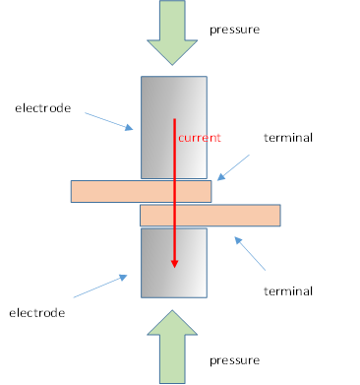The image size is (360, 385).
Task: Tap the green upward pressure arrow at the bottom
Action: click(172, 349)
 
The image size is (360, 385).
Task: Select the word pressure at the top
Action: click(234, 30)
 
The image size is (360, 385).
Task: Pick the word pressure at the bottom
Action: click(234, 360)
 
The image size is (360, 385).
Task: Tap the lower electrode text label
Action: click(36, 312)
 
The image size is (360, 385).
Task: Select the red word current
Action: click(200, 138)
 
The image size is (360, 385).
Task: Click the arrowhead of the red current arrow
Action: click(175, 261)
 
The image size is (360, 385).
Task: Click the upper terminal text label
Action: click(288, 138)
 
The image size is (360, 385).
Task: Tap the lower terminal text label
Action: click(288, 290)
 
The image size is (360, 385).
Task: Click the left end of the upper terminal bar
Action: click(76, 191)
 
